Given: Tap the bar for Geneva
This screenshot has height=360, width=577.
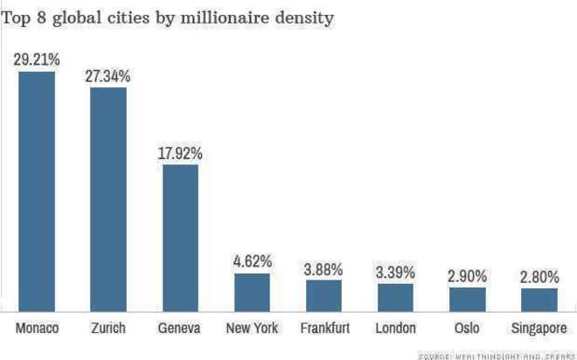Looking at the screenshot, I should coord(180,237).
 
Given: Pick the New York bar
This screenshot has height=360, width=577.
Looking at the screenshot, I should coord(252,292).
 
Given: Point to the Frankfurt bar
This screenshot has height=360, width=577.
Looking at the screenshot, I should coord(323,295).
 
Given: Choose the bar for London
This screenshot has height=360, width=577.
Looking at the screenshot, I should coord(395,297).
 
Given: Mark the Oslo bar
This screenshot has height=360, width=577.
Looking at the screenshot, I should coord(467,299).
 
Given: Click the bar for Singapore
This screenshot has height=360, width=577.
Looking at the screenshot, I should coord(539,299).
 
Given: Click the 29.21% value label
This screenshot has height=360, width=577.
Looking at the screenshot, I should coord(37,60).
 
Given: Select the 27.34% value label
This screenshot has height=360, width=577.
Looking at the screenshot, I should coord(108,77).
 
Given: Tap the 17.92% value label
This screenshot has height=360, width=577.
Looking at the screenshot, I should coord(180,153).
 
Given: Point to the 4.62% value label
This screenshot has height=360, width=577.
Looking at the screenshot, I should coord(252,261).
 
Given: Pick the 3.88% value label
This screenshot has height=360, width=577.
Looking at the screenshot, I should coord(323,268).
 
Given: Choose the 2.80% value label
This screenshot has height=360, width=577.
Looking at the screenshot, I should coord(539,277).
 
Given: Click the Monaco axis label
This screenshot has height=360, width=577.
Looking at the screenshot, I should coord(37,329).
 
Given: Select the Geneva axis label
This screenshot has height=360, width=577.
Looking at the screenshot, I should coord(180,329).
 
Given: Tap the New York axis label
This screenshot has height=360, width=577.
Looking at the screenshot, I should coord(252,329).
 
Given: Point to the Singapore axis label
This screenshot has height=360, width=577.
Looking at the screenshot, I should coord(539,329).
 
